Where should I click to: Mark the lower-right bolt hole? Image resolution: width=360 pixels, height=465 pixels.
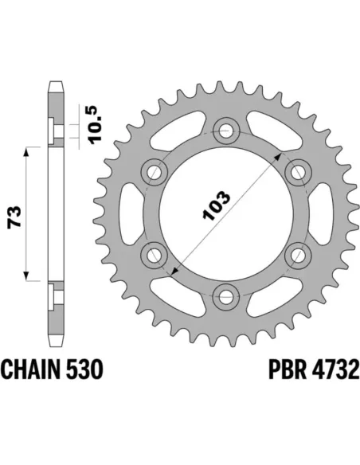[298, 254]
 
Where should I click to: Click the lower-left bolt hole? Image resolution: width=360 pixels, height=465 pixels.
[153, 254]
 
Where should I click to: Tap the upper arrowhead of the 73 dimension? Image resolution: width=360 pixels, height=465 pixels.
[30, 150]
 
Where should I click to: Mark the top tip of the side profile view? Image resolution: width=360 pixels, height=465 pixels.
[55, 81]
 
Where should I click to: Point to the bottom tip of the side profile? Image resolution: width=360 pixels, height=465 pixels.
[55, 344]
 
